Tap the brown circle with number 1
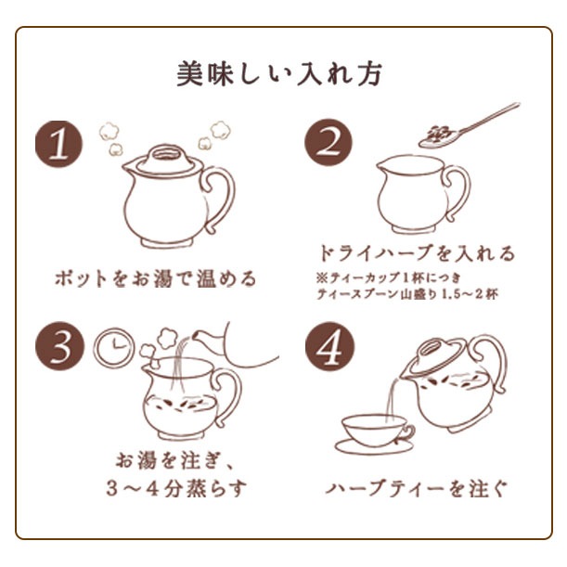pos(59,143)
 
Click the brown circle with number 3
pos(59,348)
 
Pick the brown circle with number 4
pos(329,348)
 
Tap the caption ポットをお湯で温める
pos(153,278)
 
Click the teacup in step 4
pos(375,432)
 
